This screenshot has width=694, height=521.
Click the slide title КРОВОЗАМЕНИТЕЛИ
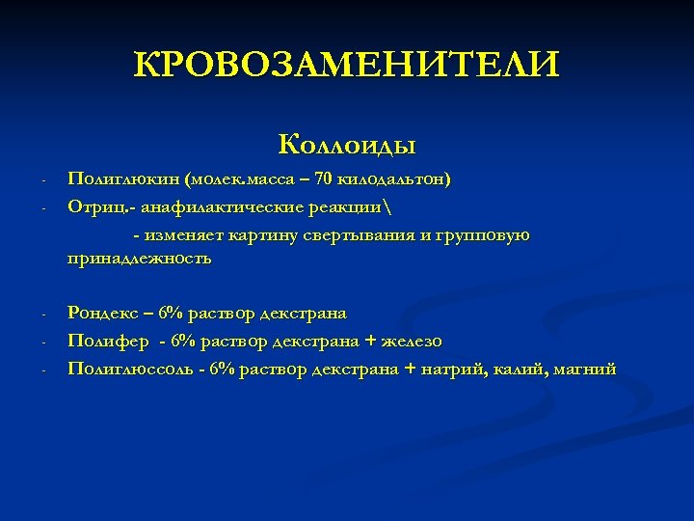tap(346, 67)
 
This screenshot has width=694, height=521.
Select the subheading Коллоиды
tap(346, 146)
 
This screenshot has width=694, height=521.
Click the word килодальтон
tap(393, 179)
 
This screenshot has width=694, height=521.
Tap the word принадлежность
tap(139, 259)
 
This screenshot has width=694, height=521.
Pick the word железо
tap(412, 341)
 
